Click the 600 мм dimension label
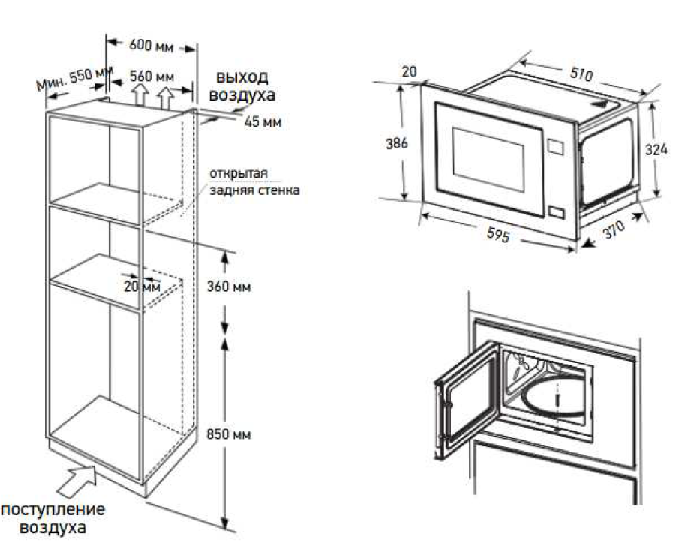151,46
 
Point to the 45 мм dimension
263,122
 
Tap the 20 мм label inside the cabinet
142,286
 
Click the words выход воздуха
242,86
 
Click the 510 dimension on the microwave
581,73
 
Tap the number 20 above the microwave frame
409,71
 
